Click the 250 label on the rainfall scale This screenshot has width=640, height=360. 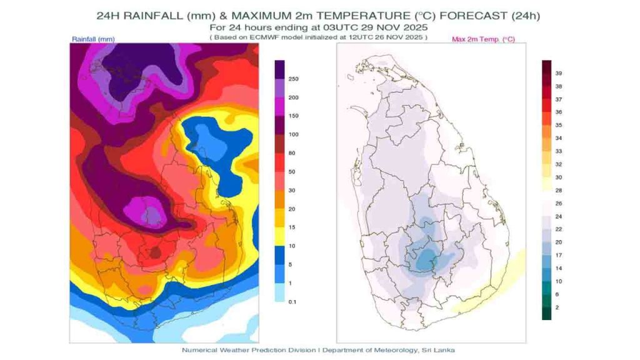[293, 79]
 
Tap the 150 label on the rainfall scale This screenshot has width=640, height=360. [293, 116]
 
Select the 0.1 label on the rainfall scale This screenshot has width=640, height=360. [292, 302]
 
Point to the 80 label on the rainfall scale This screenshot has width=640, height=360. [292, 153]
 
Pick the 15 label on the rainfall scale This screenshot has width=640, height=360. [292, 227]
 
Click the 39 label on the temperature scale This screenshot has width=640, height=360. [559, 73]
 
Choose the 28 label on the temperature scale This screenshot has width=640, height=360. [559, 189]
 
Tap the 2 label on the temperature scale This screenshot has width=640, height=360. [557, 307]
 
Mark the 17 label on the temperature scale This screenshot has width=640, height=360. [559, 254]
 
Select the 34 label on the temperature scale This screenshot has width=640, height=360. [559, 137]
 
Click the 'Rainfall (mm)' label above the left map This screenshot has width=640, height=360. [93, 39]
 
